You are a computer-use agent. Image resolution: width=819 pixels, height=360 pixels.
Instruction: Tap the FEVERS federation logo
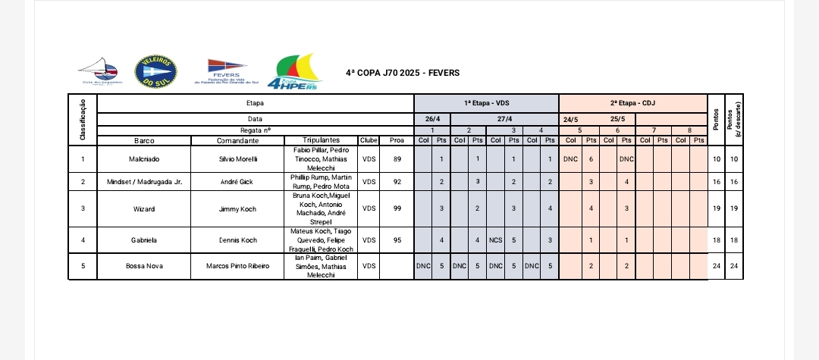coord(227,71)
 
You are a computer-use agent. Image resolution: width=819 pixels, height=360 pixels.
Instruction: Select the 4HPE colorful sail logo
coord(299,71)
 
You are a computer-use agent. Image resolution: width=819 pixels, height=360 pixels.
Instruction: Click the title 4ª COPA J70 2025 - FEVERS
coord(402,73)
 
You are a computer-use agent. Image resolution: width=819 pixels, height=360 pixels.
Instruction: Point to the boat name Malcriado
coord(144,160)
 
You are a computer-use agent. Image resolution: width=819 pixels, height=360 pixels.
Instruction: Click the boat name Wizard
coord(144,208)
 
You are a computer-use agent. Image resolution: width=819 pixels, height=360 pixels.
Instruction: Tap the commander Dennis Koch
coord(237,240)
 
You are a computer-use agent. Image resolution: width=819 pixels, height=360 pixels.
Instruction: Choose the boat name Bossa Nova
coord(144,266)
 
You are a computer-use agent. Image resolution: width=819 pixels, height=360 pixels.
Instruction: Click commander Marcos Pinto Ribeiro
coord(237,266)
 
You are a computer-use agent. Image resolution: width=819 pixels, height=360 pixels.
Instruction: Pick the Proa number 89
coord(397,160)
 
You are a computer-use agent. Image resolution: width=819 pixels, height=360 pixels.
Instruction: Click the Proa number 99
coord(397,208)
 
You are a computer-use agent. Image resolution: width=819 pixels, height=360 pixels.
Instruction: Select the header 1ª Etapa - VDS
coord(486,102)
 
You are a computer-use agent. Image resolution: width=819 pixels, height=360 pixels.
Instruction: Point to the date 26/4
coord(432,119)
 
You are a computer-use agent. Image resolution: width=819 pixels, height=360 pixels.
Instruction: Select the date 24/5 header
coord(570,119)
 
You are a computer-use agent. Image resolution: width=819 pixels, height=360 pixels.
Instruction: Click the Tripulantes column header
coord(320,140)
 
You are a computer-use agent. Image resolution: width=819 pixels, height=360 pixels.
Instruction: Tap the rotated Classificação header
coord(82,118)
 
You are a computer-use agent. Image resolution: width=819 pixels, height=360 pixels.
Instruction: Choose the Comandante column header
coord(237,140)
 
